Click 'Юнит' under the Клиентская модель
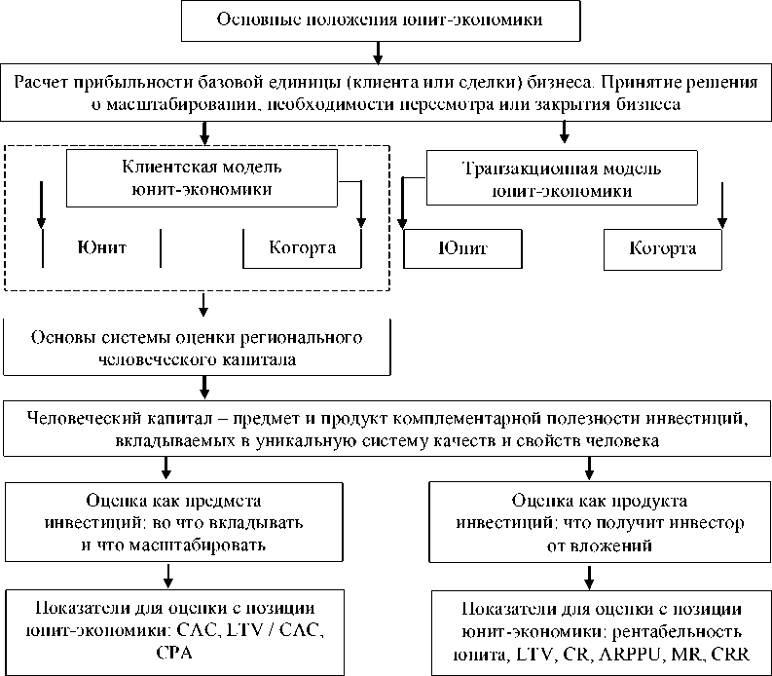[x=101, y=246]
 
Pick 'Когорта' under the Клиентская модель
[x=302, y=246]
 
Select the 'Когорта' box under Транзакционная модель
[x=663, y=247]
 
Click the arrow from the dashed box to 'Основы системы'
[x=202, y=306]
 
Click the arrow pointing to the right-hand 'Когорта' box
[x=721, y=207]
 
